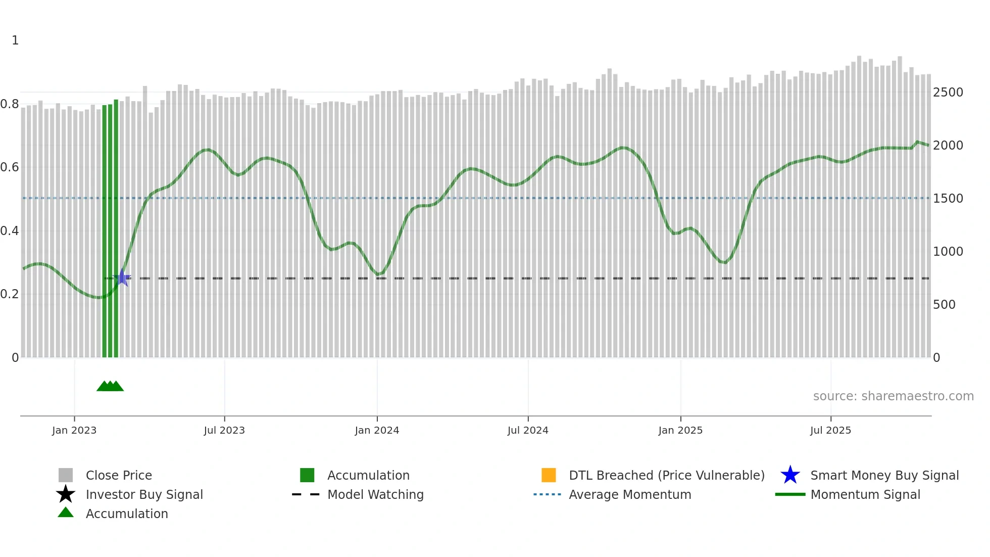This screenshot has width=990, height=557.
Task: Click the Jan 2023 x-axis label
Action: tap(74, 430)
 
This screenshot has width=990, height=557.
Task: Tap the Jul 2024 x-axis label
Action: tap(528, 430)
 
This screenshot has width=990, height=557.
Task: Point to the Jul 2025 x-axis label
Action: tap(830, 430)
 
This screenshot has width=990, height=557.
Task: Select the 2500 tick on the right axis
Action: tap(948, 92)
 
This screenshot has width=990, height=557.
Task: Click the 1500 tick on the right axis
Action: tap(948, 199)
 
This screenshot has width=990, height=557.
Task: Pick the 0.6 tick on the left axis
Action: tap(10, 167)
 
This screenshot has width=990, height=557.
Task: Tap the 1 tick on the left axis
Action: tap(15, 40)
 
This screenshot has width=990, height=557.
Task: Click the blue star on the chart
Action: tap(123, 277)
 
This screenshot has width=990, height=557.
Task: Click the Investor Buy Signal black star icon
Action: tap(66, 494)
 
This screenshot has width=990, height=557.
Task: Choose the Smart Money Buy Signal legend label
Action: tap(884, 475)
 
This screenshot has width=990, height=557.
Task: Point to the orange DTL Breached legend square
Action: tap(549, 475)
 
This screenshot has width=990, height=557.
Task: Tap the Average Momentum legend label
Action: tap(630, 494)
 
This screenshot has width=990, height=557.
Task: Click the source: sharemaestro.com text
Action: tap(893, 396)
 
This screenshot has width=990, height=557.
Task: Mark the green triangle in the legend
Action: tap(66, 513)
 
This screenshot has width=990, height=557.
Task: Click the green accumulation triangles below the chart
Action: tap(110, 386)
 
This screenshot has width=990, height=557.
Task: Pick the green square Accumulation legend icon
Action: tap(307, 475)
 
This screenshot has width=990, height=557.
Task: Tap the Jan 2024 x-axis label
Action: tap(377, 430)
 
